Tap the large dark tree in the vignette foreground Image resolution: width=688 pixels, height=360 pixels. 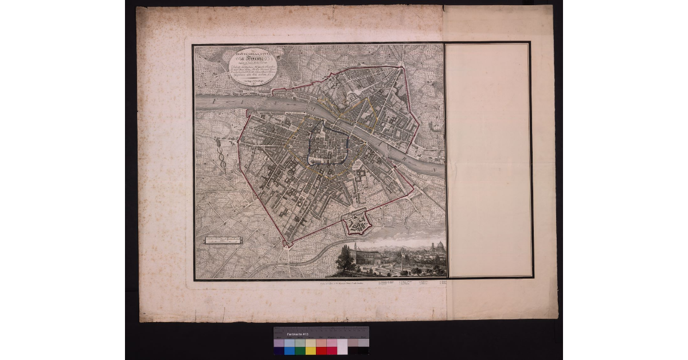pyautogui.click(x=346, y=261)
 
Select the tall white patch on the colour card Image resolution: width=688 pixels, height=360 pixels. pyautogui.click(x=342, y=346)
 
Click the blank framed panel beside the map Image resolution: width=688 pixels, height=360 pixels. pyautogui.click(x=488, y=161)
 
